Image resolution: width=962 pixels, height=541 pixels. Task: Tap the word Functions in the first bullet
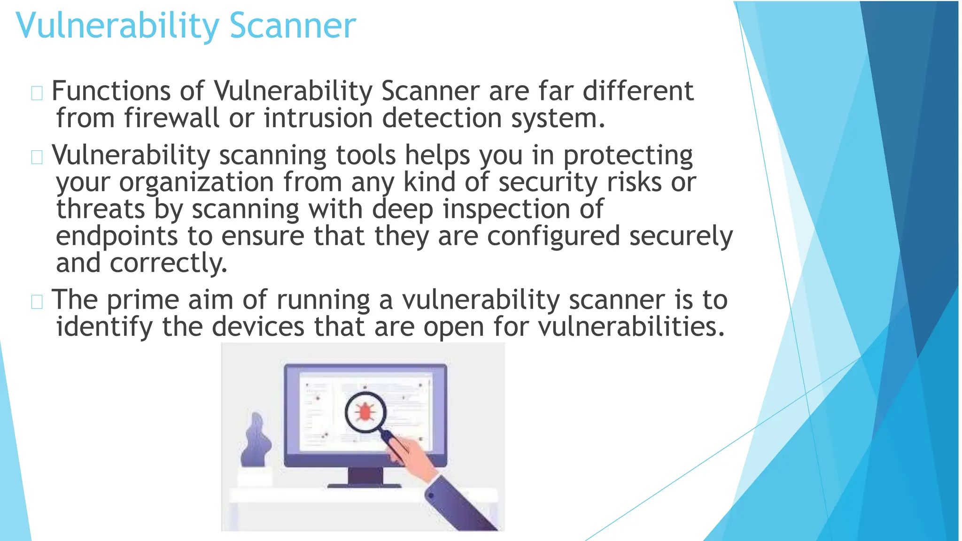click(x=111, y=91)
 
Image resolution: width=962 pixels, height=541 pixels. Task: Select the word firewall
click(x=171, y=118)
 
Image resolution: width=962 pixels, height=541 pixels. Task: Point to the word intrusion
click(x=318, y=118)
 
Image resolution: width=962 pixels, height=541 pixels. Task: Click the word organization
click(x=196, y=183)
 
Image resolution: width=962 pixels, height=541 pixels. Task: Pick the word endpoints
click(x=116, y=236)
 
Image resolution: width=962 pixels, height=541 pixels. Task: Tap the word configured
click(x=553, y=236)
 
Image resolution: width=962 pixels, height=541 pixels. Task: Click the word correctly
click(x=168, y=263)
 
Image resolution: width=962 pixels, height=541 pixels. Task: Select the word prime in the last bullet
click(x=143, y=300)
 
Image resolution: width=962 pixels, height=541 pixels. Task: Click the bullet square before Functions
click(x=37, y=93)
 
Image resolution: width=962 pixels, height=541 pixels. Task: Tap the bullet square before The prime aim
click(x=37, y=301)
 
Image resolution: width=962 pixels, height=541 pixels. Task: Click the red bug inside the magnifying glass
click(x=365, y=412)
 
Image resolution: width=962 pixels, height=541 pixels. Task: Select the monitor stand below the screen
click(x=365, y=476)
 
